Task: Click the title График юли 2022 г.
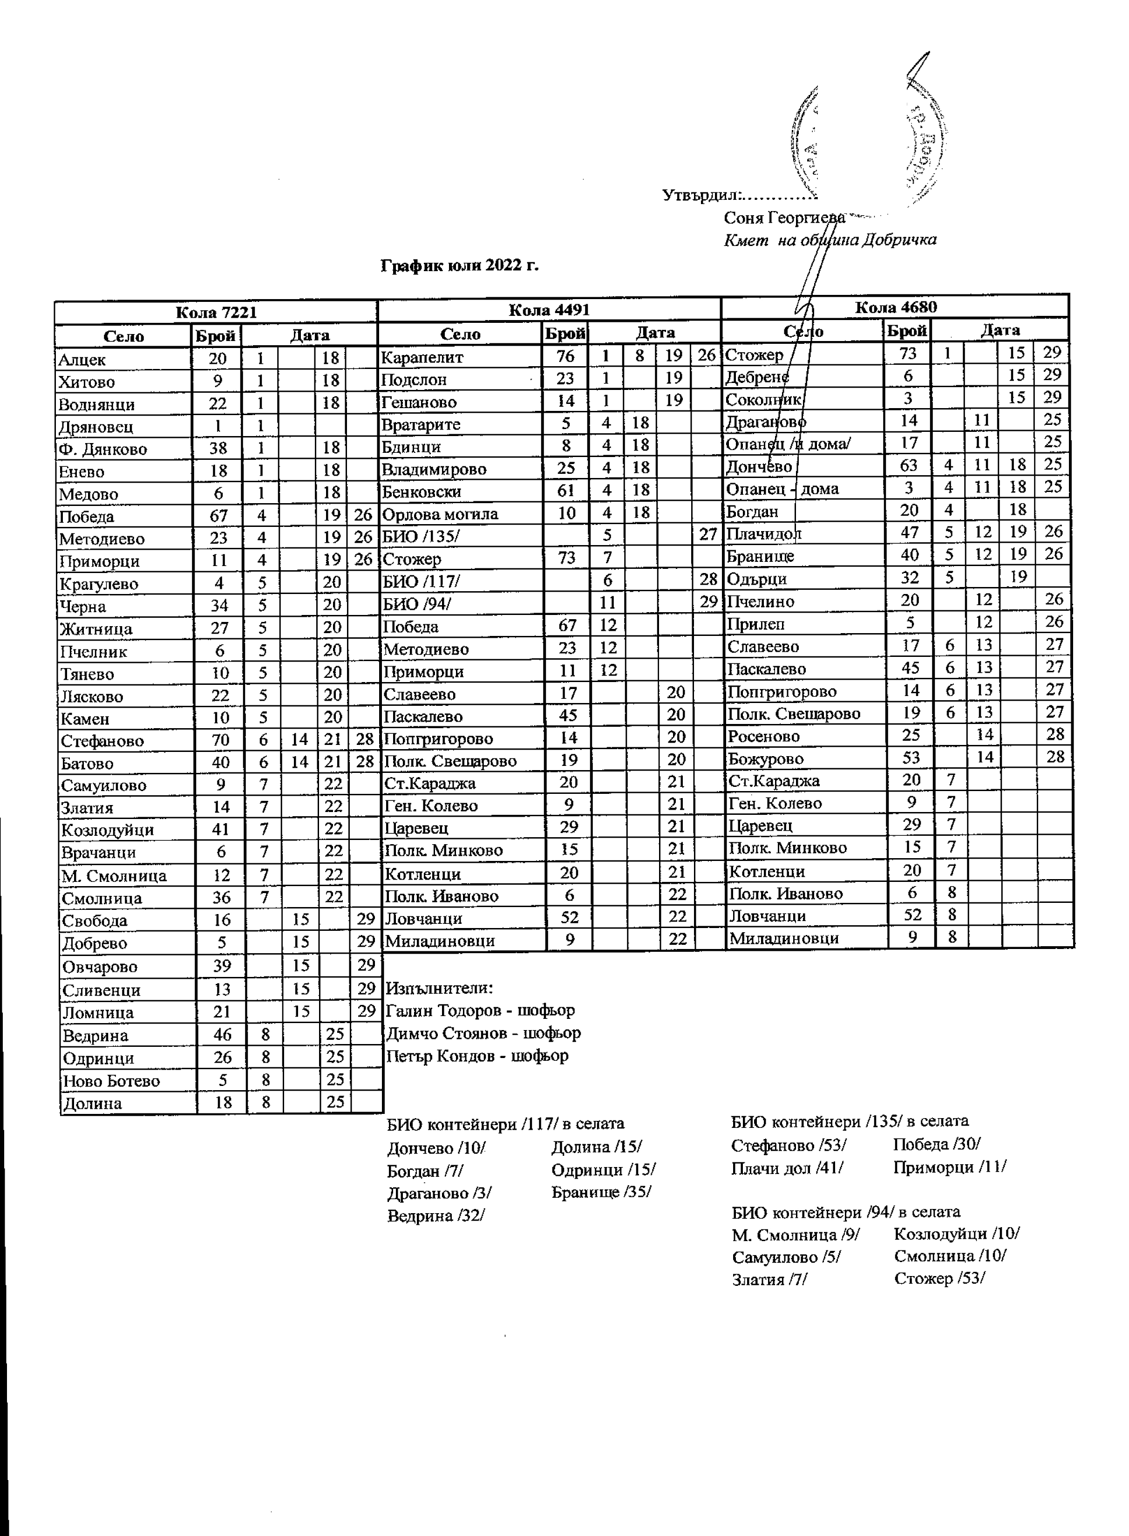(x=459, y=265)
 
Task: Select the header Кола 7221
(x=216, y=313)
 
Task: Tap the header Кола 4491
(x=550, y=310)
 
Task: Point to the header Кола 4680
(x=895, y=307)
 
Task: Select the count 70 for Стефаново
(x=220, y=740)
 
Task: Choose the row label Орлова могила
(x=440, y=514)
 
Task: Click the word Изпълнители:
(x=439, y=988)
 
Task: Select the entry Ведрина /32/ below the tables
(x=436, y=1215)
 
